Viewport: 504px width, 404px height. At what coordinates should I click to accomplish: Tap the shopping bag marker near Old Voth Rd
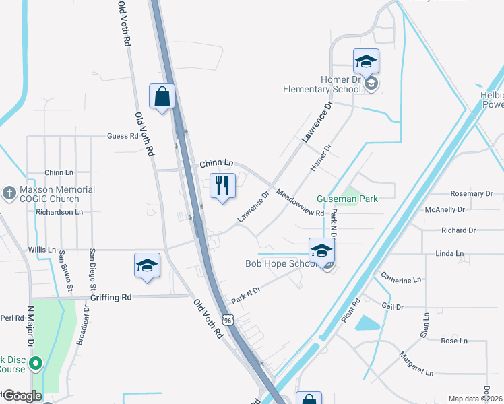162,97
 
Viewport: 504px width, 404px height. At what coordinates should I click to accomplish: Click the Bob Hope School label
281,263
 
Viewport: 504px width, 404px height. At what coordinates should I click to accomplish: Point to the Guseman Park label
347,199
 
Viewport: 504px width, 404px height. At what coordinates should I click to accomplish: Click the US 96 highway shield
229,320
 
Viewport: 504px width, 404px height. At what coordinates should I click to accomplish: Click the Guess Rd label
123,136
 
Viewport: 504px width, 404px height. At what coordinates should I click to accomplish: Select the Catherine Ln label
401,277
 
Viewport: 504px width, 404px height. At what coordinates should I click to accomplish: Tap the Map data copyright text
476,399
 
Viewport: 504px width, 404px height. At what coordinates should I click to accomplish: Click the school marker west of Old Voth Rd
146,266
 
